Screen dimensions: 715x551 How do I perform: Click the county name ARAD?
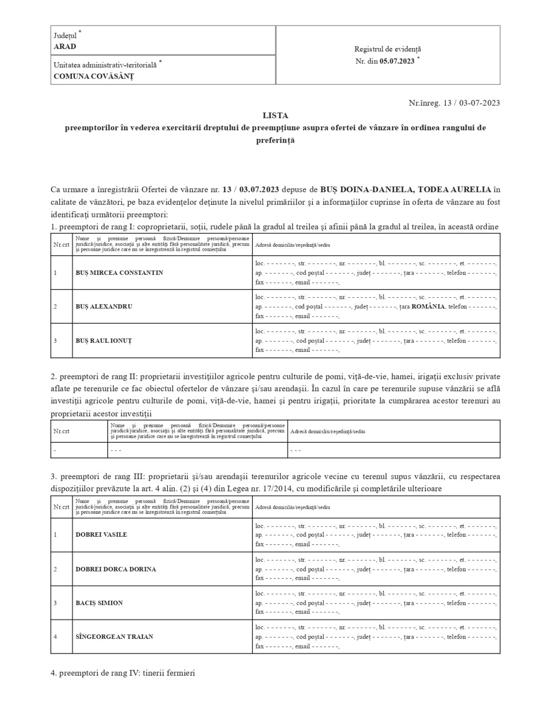coord(65,46)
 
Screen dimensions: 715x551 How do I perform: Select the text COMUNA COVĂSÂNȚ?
coord(93,76)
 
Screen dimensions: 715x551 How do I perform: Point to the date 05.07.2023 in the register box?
coord(397,61)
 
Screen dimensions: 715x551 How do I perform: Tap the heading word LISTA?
coord(275,115)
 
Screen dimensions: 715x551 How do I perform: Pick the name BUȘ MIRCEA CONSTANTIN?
coord(119,273)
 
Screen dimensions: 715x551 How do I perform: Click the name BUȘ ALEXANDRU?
coord(104,306)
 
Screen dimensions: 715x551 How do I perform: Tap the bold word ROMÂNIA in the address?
coord(428,306)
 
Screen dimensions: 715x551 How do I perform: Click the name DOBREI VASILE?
coord(101,535)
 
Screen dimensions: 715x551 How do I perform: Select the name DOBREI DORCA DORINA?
coord(115,569)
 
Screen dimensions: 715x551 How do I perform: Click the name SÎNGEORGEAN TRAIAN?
coord(114,637)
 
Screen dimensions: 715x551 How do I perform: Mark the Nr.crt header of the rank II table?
coord(61,431)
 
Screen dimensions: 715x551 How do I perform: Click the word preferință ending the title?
coord(275,140)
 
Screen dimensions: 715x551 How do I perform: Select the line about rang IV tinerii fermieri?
coord(123,673)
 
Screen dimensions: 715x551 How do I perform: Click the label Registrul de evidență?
coord(388,49)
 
